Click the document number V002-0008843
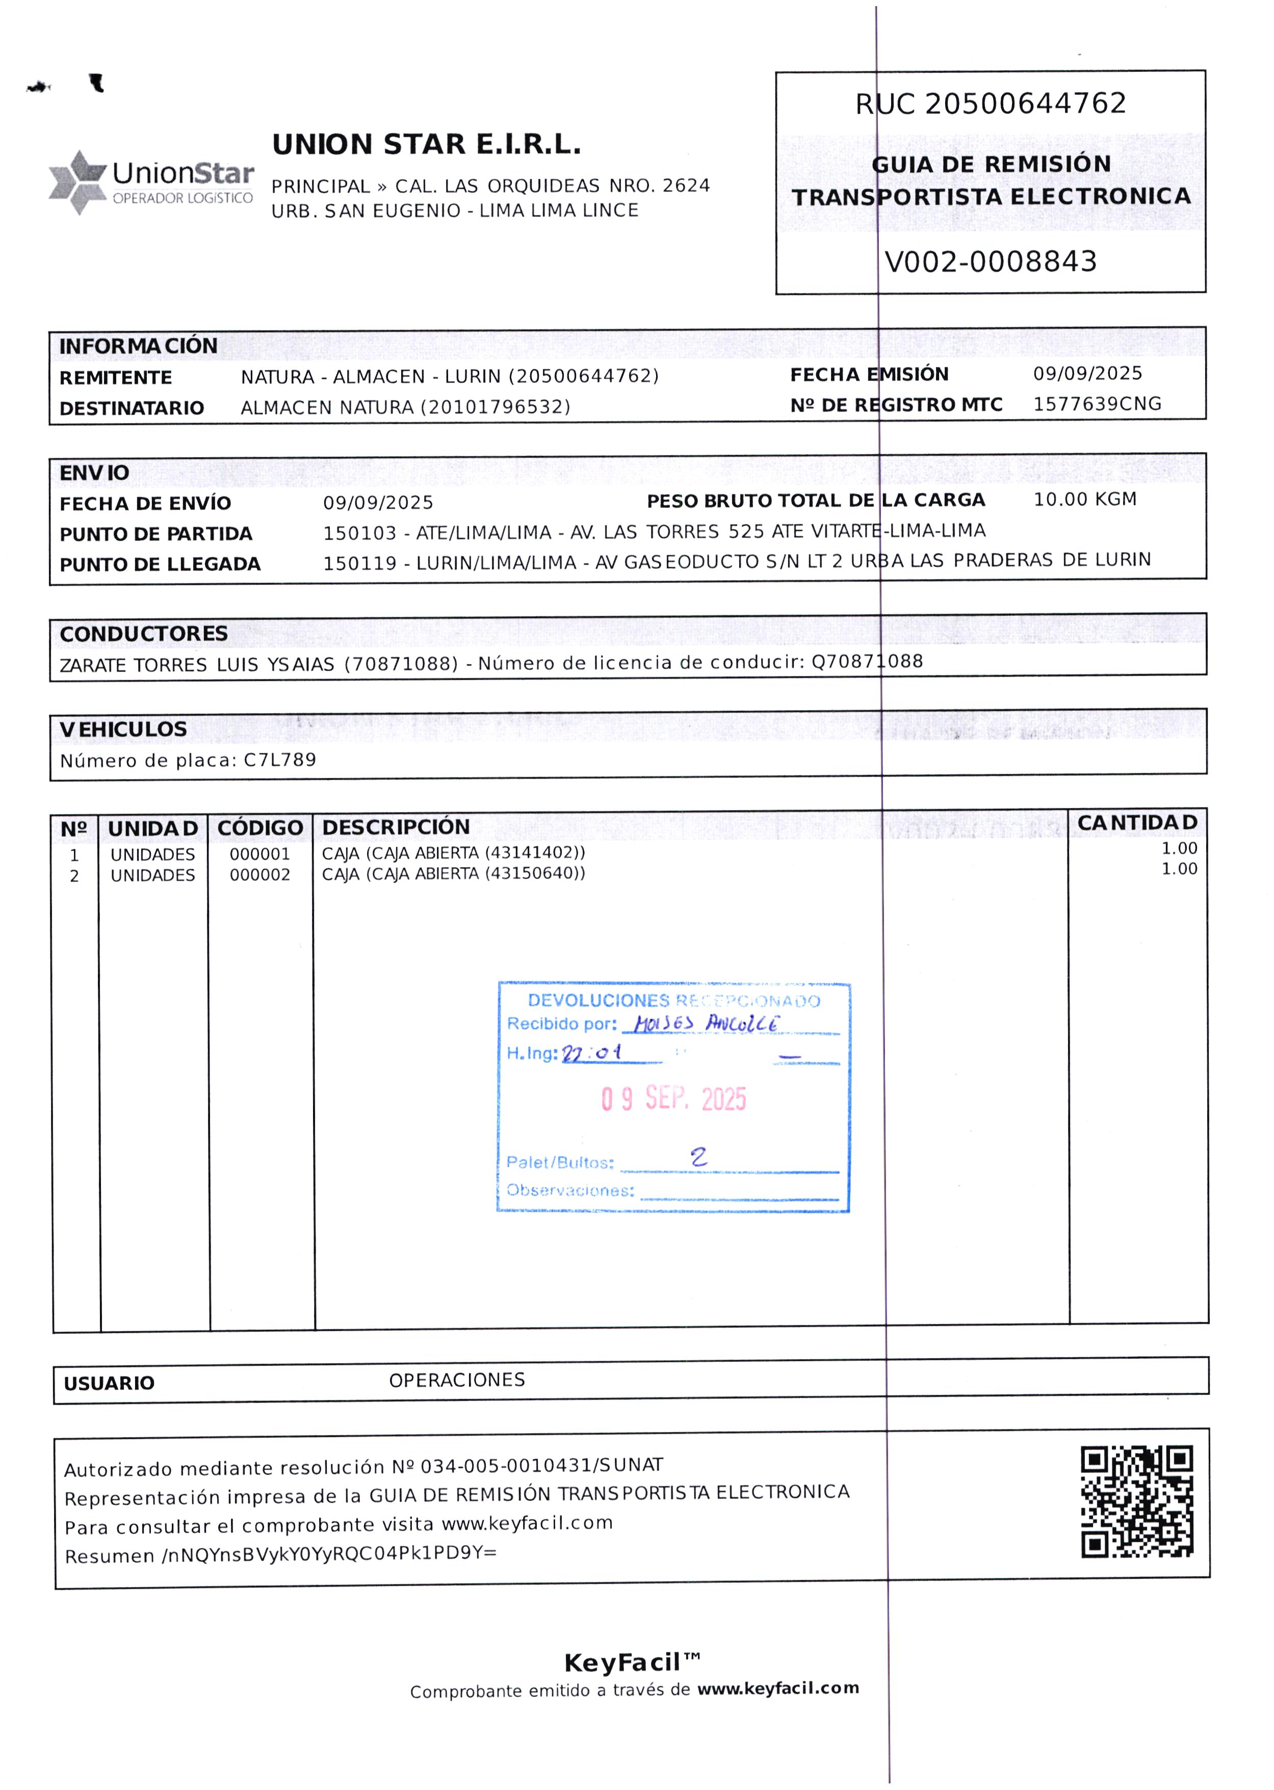(990, 261)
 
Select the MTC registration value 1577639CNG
(1097, 404)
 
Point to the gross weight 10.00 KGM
(1084, 499)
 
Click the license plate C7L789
(280, 759)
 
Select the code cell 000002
(259, 874)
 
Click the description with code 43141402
(453, 852)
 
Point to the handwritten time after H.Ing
(592, 1052)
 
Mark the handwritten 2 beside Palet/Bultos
(698, 1156)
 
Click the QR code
(1137, 1501)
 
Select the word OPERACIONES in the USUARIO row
(457, 1380)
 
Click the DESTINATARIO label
(132, 408)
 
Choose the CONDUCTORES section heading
(144, 633)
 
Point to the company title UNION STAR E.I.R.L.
(426, 144)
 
